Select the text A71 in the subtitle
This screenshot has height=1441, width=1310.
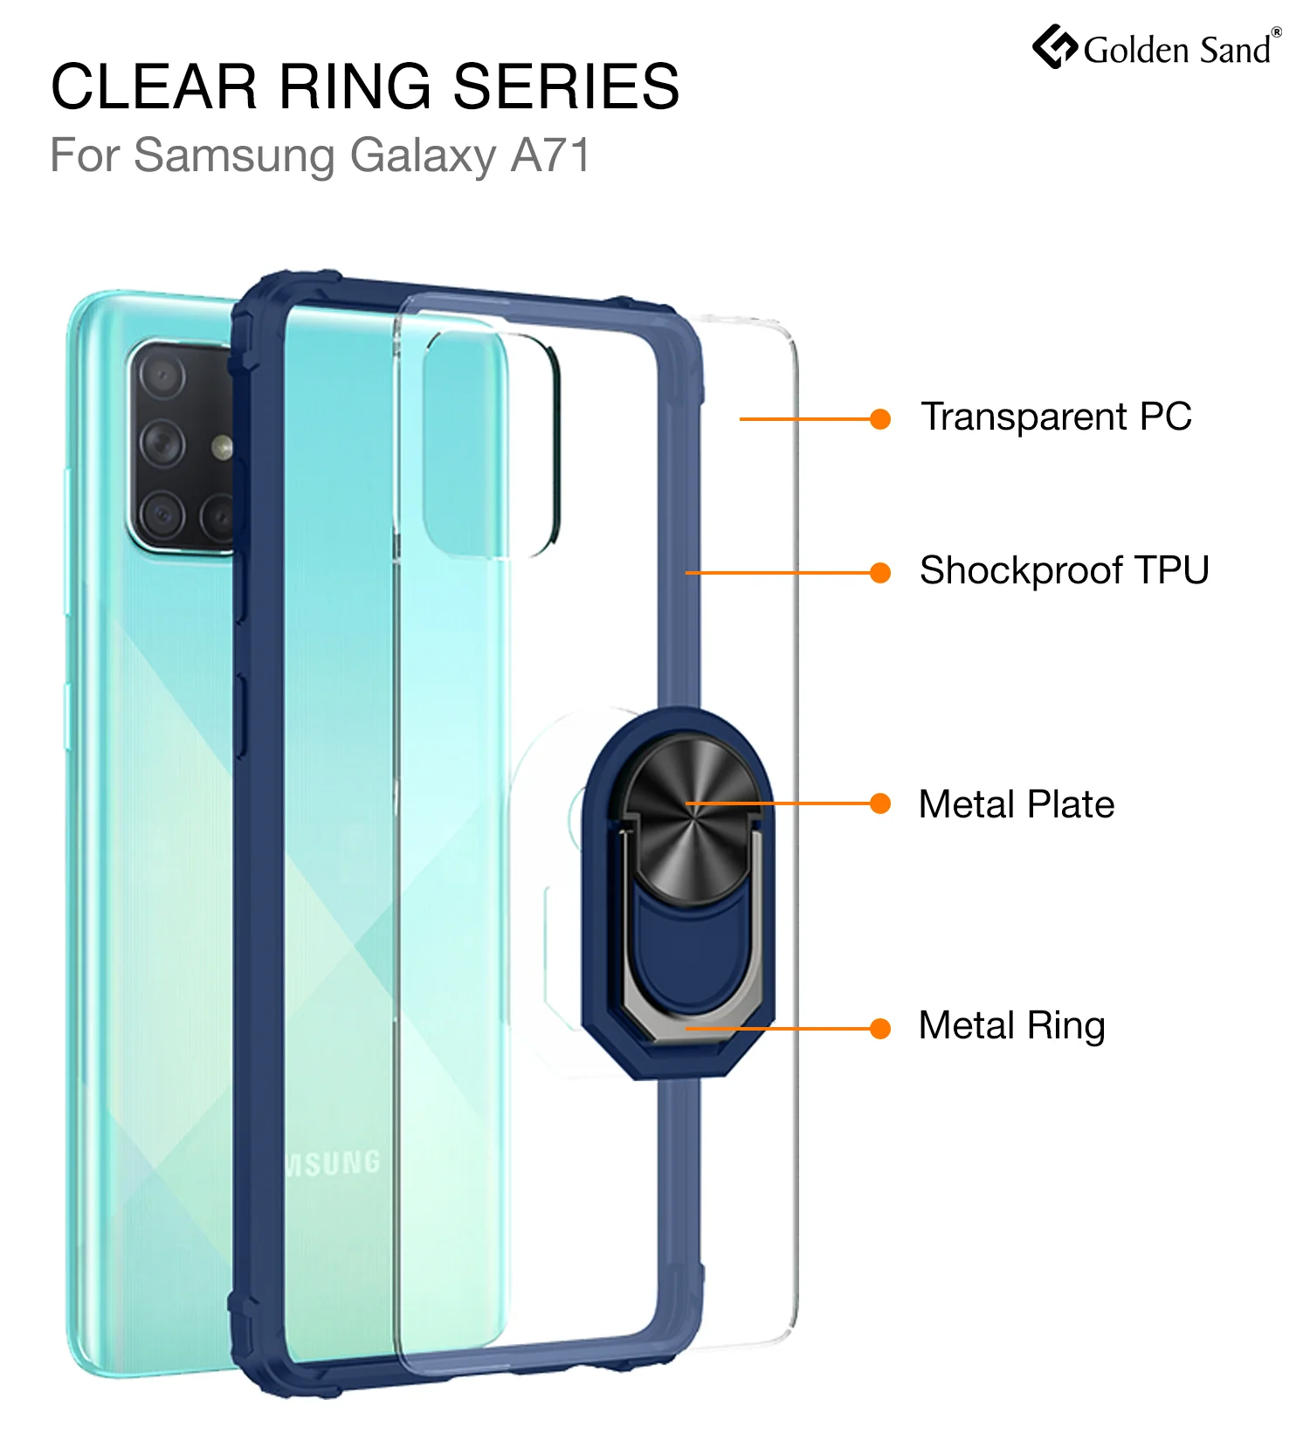pyautogui.click(x=551, y=155)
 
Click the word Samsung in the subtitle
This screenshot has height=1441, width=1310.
pyautogui.click(x=235, y=156)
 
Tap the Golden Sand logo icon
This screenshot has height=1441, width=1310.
pyautogui.click(x=1055, y=46)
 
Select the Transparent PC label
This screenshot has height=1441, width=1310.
pyautogui.click(x=1057, y=417)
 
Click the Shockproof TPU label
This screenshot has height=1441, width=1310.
pyautogui.click(x=1065, y=571)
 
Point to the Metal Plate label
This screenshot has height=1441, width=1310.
pyautogui.click(x=1017, y=804)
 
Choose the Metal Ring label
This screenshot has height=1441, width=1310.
pyautogui.click(x=1012, y=1026)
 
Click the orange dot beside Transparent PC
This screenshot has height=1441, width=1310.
pyautogui.click(x=880, y=419)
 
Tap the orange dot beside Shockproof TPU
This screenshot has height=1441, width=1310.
pyautogui.click(x=880, y=573)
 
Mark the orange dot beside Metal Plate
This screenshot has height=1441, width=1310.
pyautogui.click(x=880, y=803)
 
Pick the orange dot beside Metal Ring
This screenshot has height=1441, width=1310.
pyautogui.click(x=880, y=1029)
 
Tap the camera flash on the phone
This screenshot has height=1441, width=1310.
pyautogui.click(x=223, y=448)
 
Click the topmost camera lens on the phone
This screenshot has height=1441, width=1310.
pyautogui.click(x=162, y=376)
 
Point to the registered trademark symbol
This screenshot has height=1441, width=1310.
pyautogui.click(x=1277, y=32)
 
